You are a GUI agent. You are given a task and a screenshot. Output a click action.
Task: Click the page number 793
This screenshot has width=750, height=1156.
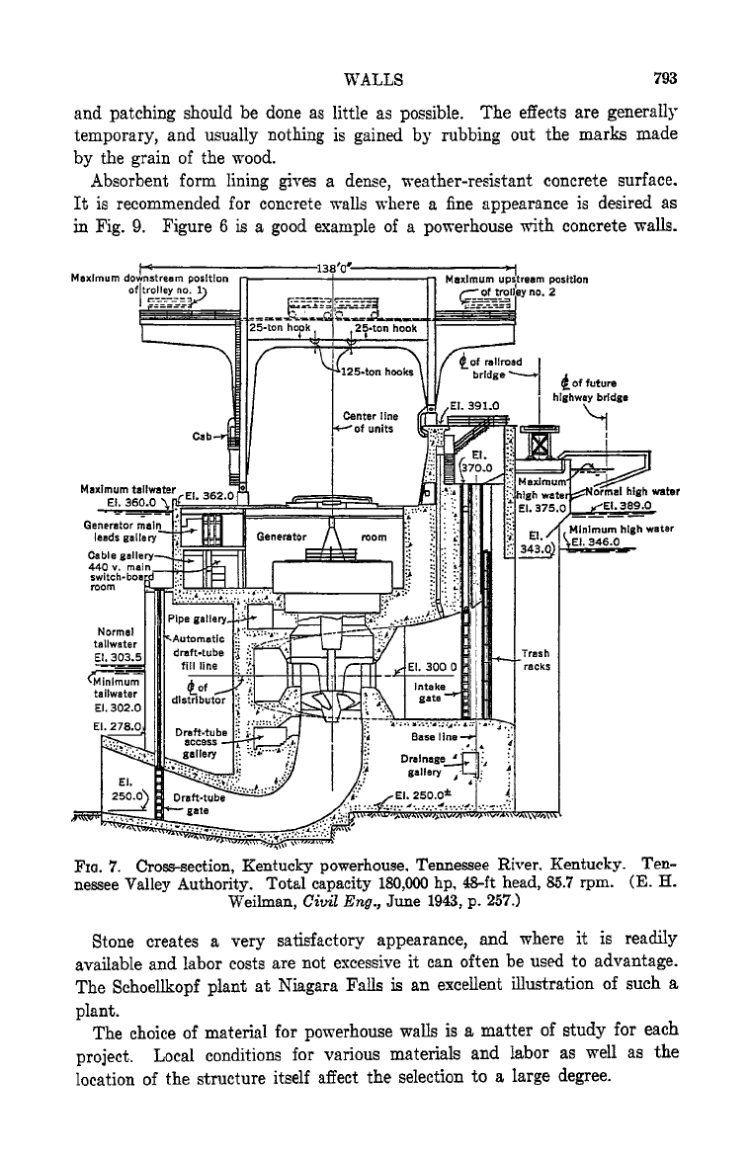664,78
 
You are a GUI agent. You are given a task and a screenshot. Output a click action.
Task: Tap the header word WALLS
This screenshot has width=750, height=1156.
374,80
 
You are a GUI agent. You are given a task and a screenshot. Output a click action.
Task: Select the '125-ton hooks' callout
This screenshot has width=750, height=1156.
376,372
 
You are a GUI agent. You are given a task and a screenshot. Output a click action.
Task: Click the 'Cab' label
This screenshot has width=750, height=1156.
203,437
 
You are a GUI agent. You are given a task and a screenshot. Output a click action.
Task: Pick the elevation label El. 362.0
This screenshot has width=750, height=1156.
214,495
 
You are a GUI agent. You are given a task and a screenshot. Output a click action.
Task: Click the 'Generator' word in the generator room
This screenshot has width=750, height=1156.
282,537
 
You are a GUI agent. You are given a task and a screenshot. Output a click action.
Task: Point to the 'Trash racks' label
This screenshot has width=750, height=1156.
537,660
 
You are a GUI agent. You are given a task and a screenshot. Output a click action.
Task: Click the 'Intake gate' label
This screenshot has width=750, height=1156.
430,693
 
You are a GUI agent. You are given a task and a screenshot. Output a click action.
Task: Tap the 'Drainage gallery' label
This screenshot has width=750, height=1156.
423,766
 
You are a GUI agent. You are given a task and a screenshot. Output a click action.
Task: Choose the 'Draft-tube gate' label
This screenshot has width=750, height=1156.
200,803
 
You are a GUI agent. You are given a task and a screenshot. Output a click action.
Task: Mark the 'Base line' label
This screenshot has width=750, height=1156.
435,736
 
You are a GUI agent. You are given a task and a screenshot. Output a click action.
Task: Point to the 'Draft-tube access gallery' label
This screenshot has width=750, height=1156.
200,743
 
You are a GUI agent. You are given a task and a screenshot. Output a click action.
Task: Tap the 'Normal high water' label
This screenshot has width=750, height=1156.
632,492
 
